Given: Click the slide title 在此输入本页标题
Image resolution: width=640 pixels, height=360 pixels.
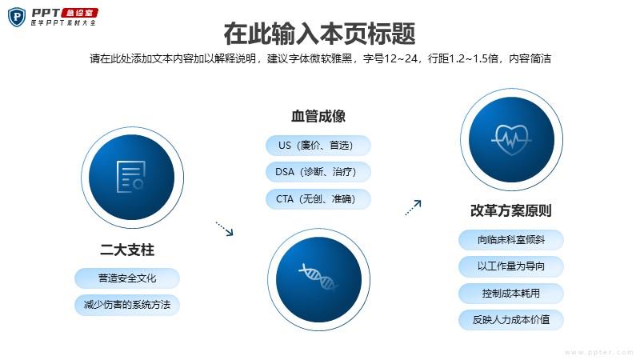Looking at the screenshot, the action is [x=319, y=34].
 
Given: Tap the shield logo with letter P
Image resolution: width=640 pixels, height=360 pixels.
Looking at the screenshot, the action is [x=17, y=17].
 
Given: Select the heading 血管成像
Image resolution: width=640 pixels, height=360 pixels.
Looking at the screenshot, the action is [x=318, y=116].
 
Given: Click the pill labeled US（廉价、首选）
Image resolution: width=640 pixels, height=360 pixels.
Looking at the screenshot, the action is [x=318, y=146].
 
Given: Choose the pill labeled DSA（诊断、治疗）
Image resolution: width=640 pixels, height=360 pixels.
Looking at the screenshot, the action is [x=318, y=172].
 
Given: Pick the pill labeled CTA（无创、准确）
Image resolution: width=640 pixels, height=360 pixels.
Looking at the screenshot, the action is [x=318, y=198].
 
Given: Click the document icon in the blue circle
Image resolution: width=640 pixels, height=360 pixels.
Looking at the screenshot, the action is [x=131, y=177].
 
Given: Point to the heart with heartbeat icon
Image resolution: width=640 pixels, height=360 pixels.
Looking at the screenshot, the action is [x=511, y=139].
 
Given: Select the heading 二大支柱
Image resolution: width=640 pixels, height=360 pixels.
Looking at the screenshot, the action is [x=127, y=250].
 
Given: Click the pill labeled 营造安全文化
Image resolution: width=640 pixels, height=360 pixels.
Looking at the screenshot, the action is [x=127, y=278].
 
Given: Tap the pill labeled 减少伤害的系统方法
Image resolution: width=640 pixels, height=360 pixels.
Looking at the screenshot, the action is [x=127, y=305].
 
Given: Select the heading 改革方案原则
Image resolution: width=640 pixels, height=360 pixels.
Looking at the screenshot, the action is [x=511, y=210].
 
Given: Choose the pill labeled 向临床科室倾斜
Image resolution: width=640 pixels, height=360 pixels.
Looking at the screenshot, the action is [x=511, y=239].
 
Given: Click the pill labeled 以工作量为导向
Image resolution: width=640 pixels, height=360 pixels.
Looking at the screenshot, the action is [x=511, y=266].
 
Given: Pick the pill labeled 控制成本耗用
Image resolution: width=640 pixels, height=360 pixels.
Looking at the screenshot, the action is [x=511, y=293].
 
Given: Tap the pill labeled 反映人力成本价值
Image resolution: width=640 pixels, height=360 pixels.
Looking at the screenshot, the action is [x=511, y=319].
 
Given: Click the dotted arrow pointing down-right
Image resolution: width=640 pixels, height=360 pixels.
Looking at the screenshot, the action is [x=225, y=229].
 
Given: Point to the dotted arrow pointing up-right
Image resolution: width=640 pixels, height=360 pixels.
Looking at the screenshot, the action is [x=413, y=207].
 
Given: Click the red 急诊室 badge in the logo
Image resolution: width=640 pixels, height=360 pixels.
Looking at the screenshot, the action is [x=79, y=13].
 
